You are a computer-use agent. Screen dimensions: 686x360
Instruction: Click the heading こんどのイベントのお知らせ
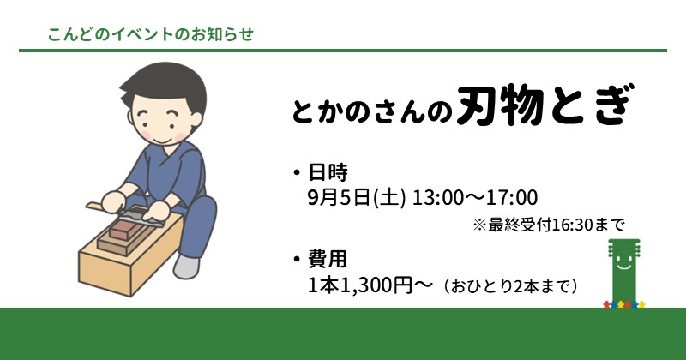(x=151, y=34)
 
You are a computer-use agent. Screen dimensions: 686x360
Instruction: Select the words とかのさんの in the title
(x=371, y=111)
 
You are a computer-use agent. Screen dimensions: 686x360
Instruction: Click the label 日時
(x=328, y=172)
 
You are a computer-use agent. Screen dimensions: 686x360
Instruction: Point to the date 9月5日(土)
(x=357, y=198)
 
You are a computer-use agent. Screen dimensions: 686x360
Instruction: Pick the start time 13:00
(x=437, y=198)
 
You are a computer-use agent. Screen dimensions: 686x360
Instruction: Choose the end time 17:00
(x=512, y=198)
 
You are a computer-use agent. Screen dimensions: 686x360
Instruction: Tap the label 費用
(x=328, y=259)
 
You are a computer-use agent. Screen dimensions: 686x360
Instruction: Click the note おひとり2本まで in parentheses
(x=510, y=286)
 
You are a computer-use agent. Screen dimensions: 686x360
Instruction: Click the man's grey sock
(x=187, y=267)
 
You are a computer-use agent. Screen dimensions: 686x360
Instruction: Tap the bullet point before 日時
(x=297, y=173)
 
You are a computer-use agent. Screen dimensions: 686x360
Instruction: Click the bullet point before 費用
(x=297, y=260)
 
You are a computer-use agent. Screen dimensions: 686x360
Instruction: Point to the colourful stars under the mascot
(x=624, y=304)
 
